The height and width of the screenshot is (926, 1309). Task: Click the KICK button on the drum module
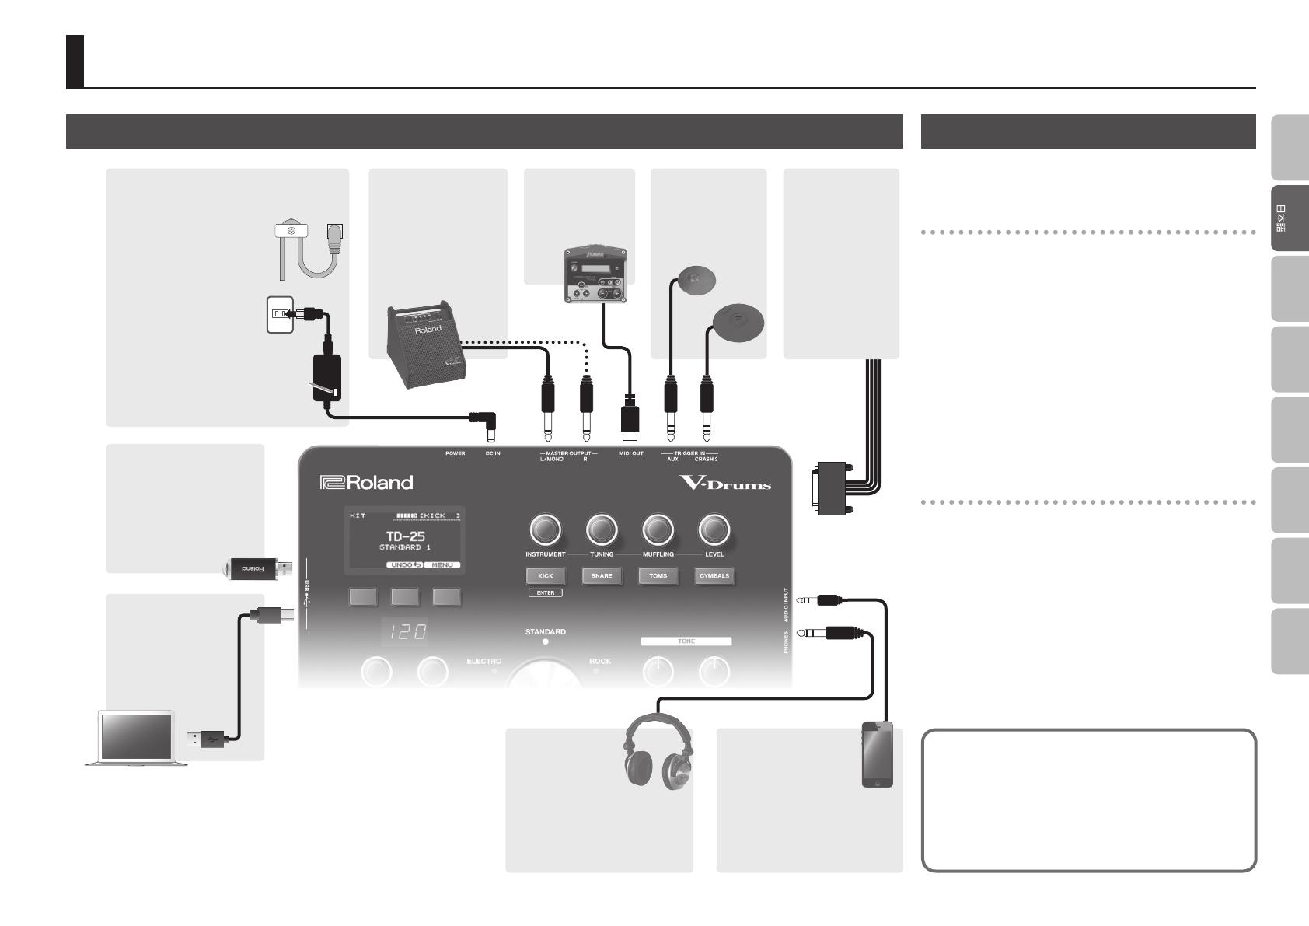click(545, 576)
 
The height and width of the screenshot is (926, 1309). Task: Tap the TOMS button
click(658, 576)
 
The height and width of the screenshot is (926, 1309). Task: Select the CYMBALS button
click(714, 576)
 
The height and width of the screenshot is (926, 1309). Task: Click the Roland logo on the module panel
click(366, 483)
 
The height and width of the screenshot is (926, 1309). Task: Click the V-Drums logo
click(725, 483)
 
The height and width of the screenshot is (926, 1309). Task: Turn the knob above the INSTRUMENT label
click(545, 530)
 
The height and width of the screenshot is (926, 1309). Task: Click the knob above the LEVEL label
click(714, 530)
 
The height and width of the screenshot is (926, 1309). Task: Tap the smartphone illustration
click(878, 753)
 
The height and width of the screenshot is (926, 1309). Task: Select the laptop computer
click(136, 737)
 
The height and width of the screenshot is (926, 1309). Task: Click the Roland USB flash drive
click(256, 569)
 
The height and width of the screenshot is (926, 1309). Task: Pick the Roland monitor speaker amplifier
click(425, 344)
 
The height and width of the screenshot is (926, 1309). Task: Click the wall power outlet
click(280, 314)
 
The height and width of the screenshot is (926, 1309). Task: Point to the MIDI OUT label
click(630, 453)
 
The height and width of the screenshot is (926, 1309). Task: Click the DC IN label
click(493, 453)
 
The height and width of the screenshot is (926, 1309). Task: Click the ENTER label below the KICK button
click(545, 593)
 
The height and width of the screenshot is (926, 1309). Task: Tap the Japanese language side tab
click(1290, 218)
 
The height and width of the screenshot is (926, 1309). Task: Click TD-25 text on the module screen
click(405, 536)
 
